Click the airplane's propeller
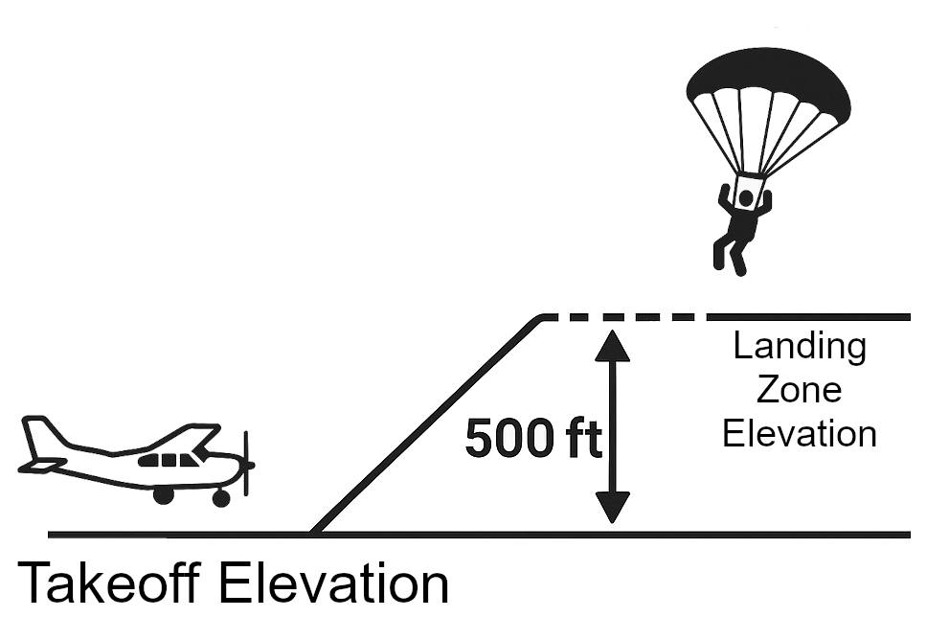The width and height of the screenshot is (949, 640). [x=246, y=465]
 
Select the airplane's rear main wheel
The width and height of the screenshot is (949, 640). [x=164, y=495]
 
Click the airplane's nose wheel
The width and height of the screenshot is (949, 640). [x=221, y=497]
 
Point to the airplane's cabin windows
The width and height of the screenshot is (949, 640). [x=169, y=459]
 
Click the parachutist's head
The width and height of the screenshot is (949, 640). [x=746, y=199]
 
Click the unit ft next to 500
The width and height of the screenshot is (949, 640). [x=583, y=440]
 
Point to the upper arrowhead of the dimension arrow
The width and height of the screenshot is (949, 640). [x=612, y=343]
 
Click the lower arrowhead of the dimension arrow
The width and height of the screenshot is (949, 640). [x=612, y=507]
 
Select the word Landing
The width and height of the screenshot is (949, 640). [x=800, y=346]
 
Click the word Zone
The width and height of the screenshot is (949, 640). [x=800, y=390]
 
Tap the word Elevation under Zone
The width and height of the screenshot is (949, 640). [x=800, y=433]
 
